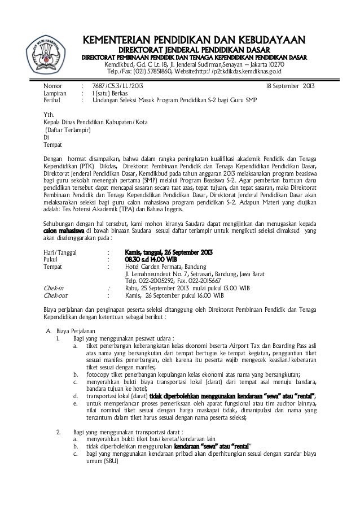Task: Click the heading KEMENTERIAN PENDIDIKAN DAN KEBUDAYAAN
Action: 194,40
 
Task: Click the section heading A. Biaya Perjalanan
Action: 71,330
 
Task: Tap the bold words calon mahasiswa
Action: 64,231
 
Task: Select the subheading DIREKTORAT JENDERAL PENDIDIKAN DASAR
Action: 194,50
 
